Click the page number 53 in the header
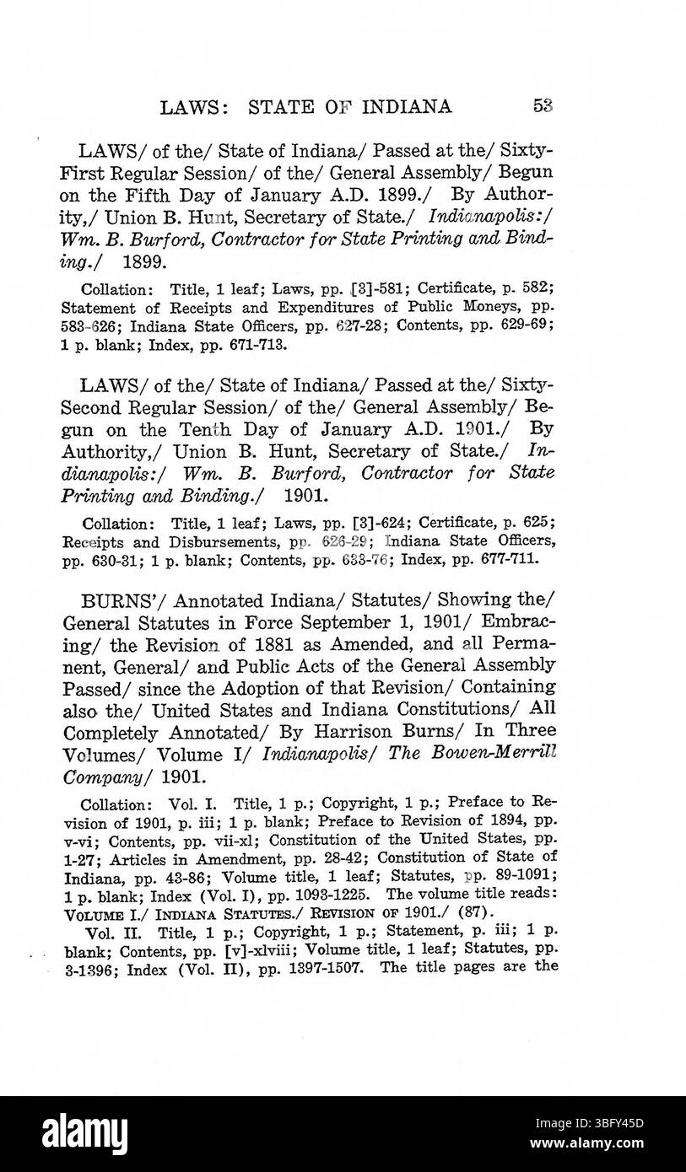pyautogui.click(x=543, y=106)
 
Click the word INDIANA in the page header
pyautogui.click(x=408, y=107)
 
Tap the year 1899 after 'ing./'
pyautogui.click(x=145, y=261)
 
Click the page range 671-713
pyautogui.click(x=253, y=346)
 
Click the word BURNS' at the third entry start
pyautogui.click(x=110, y=601)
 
